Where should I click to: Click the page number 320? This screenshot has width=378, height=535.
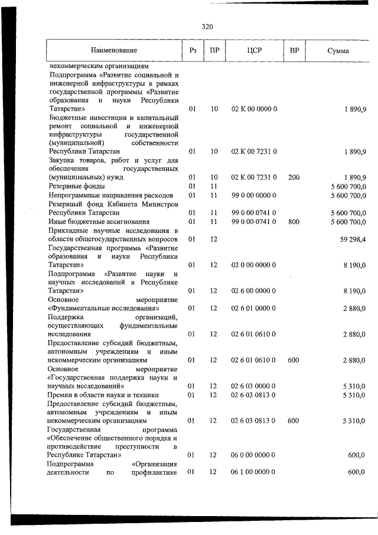[x=207, y=27]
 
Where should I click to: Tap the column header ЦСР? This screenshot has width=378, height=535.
[x=254, y=51]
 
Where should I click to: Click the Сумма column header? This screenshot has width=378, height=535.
[x=338, y=51]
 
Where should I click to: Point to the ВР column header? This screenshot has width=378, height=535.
[x=294, y=51]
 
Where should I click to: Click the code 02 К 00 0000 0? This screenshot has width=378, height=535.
[x=254, y=110]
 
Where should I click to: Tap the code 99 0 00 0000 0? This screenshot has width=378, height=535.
[x=254, y=194]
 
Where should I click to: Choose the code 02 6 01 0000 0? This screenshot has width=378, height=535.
[x=254, y=308]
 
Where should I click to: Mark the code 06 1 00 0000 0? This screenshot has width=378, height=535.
[x=254, y=472]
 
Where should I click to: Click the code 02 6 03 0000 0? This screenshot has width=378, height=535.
[x=254, y=386]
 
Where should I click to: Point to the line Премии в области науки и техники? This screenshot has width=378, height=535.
[x=104, y=395]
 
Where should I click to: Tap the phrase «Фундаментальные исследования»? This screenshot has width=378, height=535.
[x=102, y=308]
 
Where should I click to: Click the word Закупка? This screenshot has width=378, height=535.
[x=64, y=160]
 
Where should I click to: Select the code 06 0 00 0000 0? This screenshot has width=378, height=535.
[x=254, y=455]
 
